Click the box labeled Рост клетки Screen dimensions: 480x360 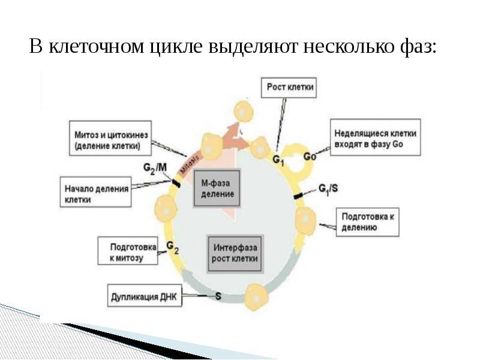289,88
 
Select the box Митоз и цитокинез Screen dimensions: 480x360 110,138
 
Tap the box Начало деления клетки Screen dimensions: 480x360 96,192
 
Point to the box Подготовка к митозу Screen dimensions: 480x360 128,251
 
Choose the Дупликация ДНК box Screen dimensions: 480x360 145,295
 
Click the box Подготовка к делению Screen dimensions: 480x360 368,222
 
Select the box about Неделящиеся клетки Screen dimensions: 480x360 376,137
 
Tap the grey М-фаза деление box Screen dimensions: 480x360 217,188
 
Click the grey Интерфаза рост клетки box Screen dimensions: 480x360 235,253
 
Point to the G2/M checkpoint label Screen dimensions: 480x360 155,169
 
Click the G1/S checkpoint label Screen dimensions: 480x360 328,189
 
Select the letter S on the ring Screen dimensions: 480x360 218,296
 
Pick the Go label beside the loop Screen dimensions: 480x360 310,157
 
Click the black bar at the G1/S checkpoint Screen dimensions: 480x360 298,196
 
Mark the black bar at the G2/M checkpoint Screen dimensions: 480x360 176,183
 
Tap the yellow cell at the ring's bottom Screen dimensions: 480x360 257,297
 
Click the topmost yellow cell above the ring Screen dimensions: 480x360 244,112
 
